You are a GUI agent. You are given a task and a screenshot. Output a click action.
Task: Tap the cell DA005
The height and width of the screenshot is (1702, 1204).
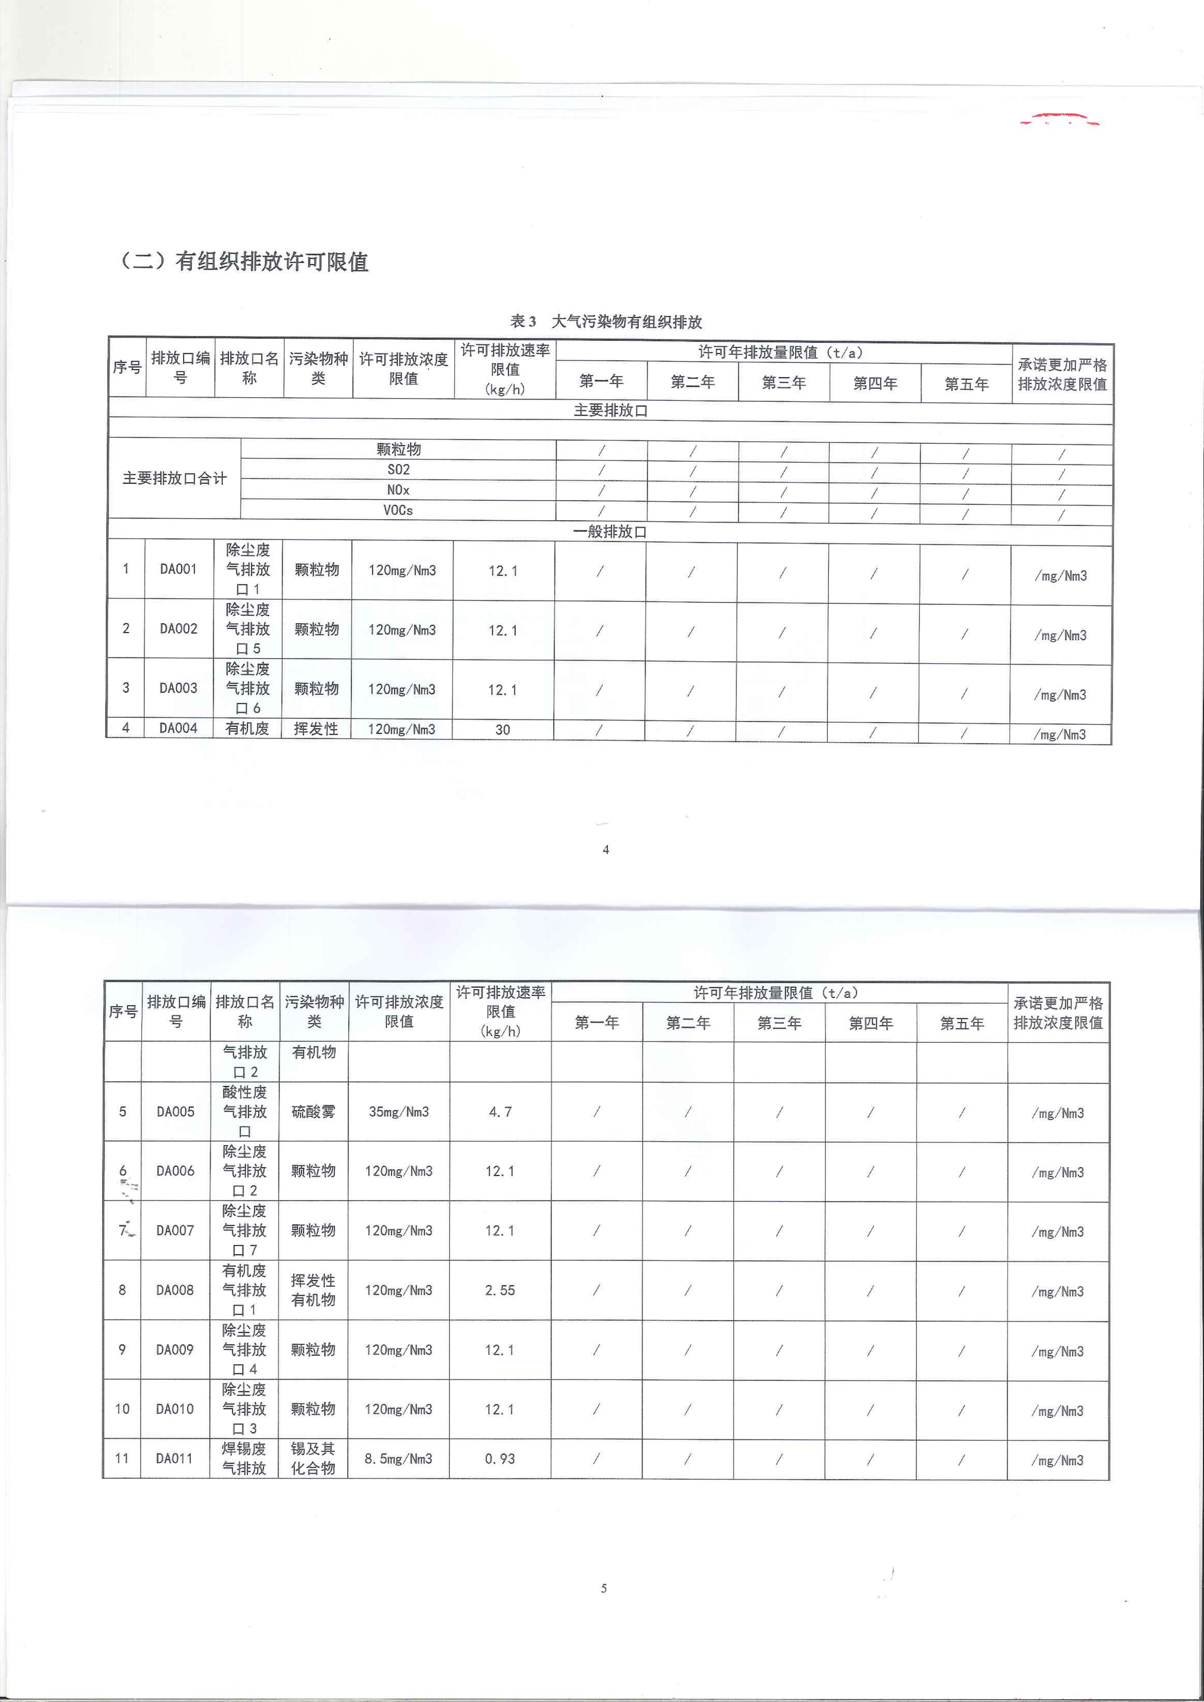(175, 1111)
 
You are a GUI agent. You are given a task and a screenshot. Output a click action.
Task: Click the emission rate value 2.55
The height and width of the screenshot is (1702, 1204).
(500, 1290)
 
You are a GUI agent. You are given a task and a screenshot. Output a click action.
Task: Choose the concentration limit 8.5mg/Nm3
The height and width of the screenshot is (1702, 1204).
(398, 1458)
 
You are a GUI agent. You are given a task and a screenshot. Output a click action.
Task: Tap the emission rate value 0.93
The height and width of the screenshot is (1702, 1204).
(500, 1458)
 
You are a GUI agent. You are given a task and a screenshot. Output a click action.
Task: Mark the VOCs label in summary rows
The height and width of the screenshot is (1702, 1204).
(398, 510)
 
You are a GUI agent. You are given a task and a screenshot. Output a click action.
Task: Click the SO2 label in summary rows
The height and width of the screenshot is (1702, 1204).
(398, 469)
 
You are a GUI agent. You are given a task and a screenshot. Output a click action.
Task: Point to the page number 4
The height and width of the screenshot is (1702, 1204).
(606, 850)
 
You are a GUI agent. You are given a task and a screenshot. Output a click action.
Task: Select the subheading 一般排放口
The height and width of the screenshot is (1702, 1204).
(610, 531)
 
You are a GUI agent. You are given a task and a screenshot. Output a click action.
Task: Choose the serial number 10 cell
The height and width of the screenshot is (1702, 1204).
(122, 1409)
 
